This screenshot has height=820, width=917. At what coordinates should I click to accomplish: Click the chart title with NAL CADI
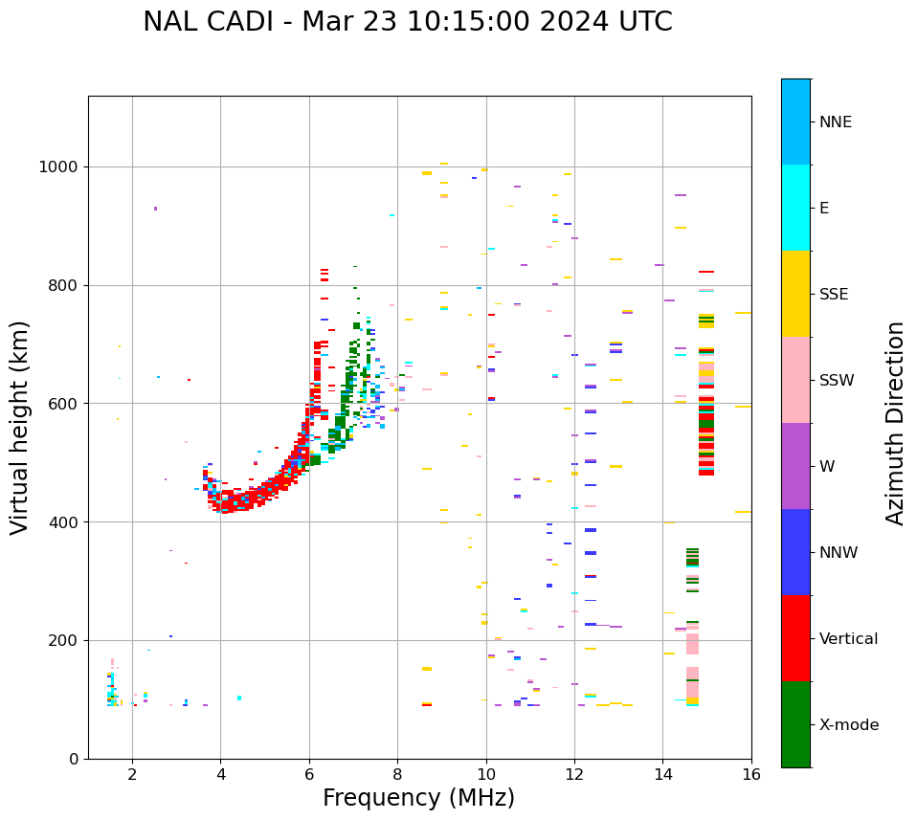coord(407,22)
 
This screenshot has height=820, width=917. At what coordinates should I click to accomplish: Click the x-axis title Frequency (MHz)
coord(418,798)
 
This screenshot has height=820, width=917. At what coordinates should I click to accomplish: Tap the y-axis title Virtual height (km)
coord(20,427)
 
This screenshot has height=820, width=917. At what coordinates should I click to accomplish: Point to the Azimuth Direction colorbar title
coord(895,423)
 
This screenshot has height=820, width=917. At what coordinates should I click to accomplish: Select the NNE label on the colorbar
coord(835,122)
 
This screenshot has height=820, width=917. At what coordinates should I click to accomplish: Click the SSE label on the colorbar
coord(833,295)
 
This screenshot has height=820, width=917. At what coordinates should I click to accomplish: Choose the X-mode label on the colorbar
coord(848,725)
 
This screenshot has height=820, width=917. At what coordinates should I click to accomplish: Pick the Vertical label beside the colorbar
coord(848,639)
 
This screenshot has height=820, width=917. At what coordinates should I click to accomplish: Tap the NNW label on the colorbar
coord(838,553)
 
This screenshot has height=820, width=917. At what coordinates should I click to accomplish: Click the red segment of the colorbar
coord(795,638)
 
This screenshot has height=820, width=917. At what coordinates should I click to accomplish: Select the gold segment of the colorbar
coord(795,294)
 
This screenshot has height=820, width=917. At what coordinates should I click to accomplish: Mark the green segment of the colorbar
coord(795,724)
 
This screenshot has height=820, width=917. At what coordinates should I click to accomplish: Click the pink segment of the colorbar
coord(795,380)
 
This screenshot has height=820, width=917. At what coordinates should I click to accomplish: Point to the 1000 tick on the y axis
coord(59,167)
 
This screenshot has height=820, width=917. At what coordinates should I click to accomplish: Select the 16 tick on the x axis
coord(751,774)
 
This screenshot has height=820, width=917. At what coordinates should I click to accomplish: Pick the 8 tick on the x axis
coord(397,774)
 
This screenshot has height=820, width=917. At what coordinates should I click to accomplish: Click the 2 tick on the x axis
coord(132,774)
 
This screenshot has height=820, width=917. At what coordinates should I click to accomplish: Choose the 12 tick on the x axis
coord(574,774)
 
